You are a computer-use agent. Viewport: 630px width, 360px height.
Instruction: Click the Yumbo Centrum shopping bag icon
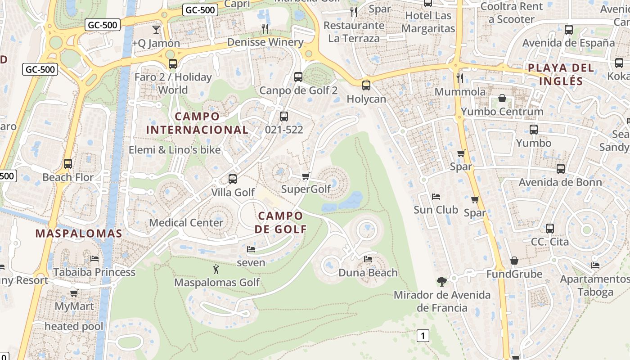click(x=502, y=98)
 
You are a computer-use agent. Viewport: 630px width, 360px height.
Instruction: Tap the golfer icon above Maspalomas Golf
click(x=216, y=270)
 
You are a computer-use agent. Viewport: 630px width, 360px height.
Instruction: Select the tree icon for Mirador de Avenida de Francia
click(x=442, y=282)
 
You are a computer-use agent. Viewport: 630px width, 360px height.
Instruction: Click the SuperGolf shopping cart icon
click(x=306, y=176)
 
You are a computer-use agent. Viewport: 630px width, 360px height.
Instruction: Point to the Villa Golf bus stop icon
click(x=233, y=179)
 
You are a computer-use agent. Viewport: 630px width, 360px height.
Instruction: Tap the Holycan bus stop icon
click(x=366, y=85)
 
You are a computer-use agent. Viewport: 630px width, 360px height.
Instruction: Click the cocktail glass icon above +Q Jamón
click(x=156, y=30)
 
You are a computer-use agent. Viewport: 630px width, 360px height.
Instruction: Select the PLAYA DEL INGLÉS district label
click(x=561, y=75)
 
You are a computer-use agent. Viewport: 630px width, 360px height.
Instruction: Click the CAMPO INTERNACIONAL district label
click(x=197, y=123)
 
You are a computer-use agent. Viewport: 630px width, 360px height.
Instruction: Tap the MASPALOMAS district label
click(x=79, y=234)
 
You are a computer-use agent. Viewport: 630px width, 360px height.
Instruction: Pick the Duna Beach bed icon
click(x=368, y=259)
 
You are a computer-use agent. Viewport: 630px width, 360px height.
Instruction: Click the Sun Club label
click(x=436, y=210)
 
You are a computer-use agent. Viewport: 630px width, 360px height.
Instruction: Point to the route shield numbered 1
click(x=423, y=335)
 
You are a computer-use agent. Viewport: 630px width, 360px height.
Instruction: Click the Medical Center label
click(x=186, y=223)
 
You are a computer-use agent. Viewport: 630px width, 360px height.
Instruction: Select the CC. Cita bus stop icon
click(x=549, y=229)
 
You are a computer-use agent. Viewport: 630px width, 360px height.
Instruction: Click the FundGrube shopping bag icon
click(x=514, y=261)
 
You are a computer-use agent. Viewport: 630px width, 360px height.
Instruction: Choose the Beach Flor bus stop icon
click(x=68, y=164)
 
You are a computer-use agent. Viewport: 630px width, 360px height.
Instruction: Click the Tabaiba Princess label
click(x=94, y=272)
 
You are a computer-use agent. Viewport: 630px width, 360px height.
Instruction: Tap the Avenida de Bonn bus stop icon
click(x=561, y=169)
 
